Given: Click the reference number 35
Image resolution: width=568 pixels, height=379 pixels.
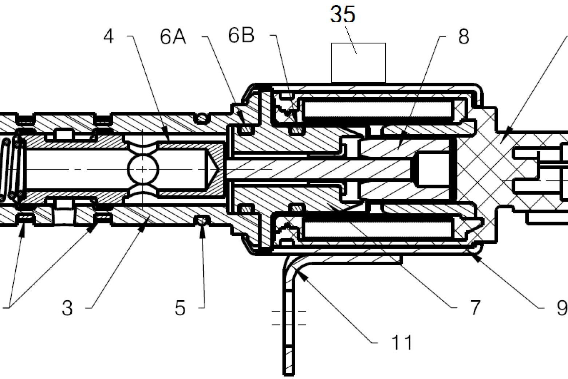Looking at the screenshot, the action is point(343,15).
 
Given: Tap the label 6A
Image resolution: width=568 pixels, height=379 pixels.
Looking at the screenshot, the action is point(173,37).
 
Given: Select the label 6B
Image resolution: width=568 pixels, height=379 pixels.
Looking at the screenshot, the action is point(241,36).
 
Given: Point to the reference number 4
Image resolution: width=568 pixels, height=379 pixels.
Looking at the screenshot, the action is point(109,37).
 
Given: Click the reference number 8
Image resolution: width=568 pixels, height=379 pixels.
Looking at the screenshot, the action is point(464,37).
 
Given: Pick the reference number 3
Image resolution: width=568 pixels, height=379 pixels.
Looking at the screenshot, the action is point(67,308).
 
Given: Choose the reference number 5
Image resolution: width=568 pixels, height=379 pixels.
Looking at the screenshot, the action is point(180,308).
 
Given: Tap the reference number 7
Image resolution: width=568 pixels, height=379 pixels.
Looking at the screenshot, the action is point(475,308).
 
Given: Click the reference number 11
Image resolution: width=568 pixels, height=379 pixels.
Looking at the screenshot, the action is point(402,343).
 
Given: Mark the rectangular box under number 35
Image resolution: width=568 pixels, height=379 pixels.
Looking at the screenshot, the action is point(358,63).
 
